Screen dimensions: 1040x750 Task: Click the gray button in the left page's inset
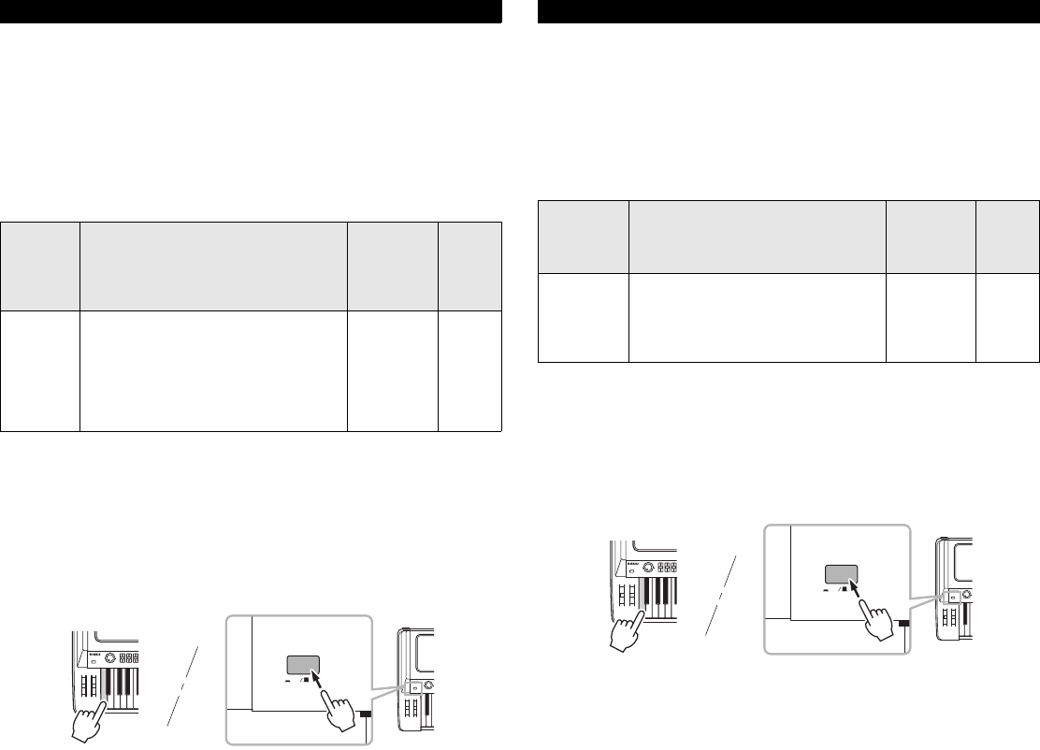[x=301, y=666]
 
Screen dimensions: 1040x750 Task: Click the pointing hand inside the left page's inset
[x=341, y=714]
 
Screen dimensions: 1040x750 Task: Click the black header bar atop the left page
[x=251, y=11]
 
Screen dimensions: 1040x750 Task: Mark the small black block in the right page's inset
[x=904, y=623]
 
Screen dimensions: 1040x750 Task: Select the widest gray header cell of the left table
[x=213, y=267]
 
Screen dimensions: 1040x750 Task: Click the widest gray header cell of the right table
[x=758, y=237]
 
